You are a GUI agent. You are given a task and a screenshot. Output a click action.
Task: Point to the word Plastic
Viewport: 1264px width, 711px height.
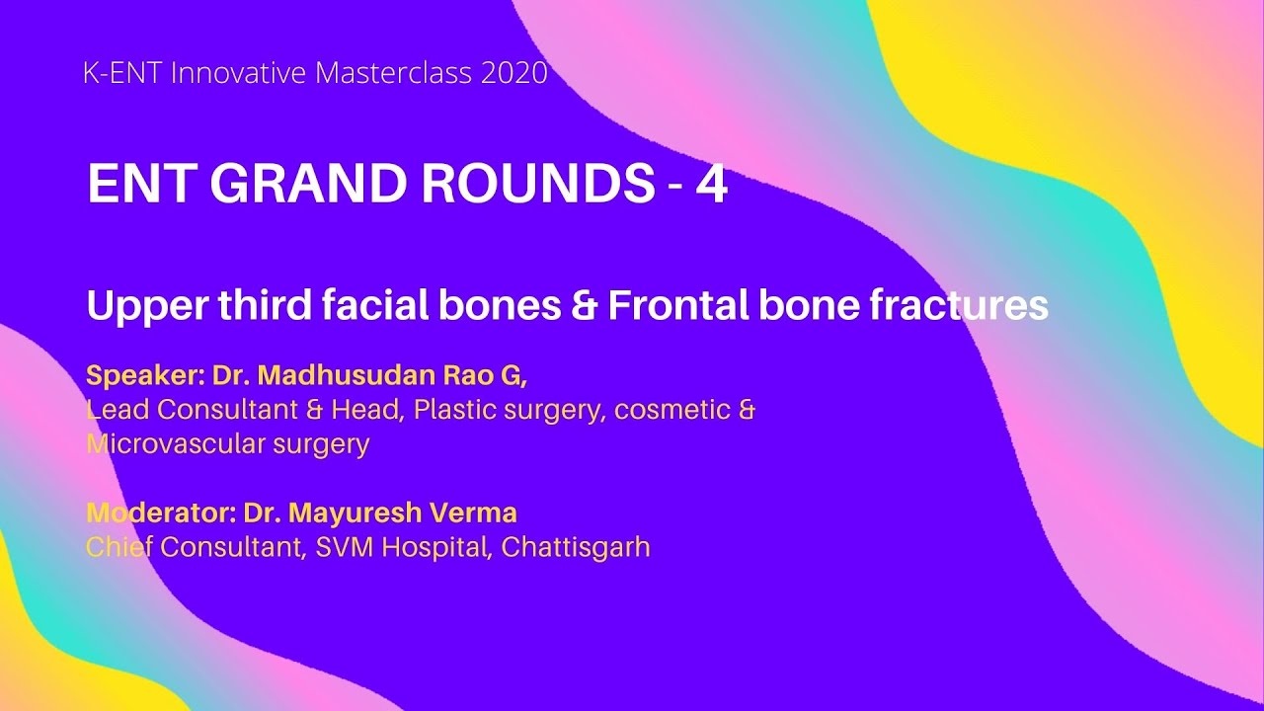454,410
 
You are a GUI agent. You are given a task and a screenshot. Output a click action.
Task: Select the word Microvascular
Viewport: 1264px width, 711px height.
169,443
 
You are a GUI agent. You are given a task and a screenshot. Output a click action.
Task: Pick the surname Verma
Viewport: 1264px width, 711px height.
473,513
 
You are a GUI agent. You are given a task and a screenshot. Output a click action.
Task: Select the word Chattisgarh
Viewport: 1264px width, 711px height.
576,547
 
